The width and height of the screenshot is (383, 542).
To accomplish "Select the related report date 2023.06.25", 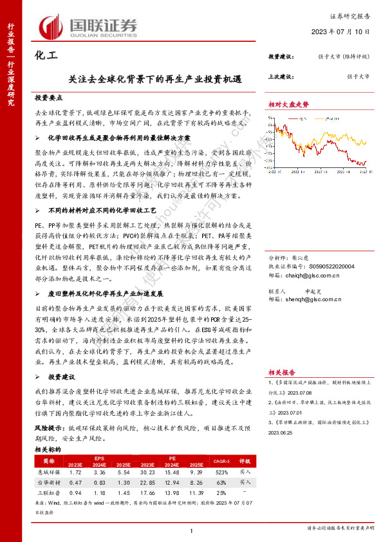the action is pyautogui.click(x=279, y=433).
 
